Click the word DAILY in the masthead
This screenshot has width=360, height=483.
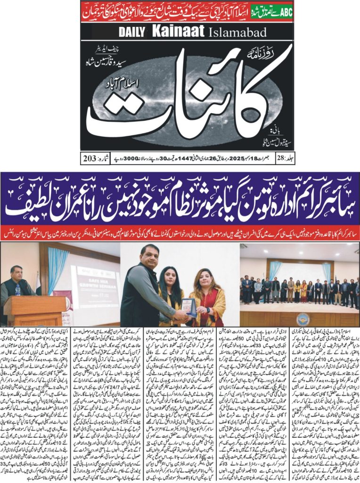click(133, 32)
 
